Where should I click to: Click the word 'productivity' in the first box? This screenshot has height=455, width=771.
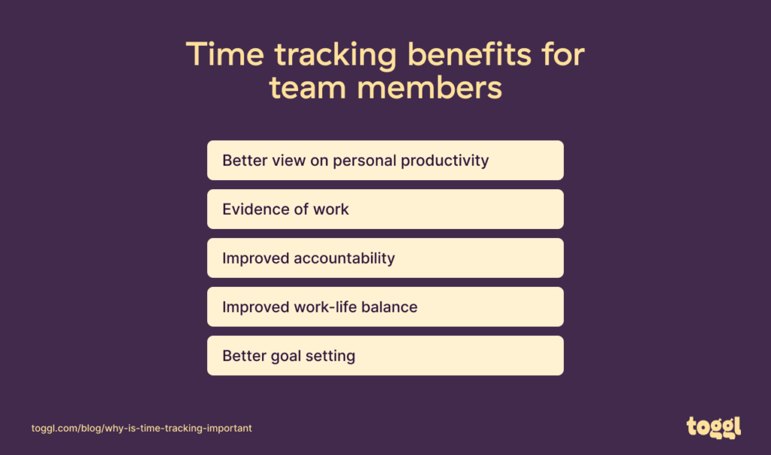[445, 160]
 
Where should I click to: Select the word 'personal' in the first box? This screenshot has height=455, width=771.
[364, 160]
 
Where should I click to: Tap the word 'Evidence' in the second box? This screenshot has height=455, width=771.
[254, 209]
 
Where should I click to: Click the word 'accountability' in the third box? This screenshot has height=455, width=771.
[344, 258]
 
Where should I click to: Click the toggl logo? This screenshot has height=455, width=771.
[714, 426]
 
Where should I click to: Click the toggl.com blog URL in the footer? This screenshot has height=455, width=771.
[142, 428]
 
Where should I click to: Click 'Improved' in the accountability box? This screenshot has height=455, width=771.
[254, 258]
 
